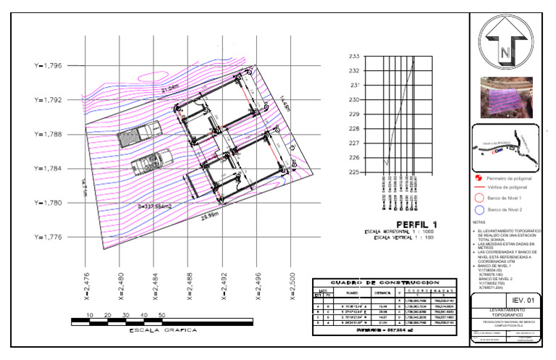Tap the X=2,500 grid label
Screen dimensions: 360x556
[x=292, y=285]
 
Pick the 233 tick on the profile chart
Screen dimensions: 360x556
[x=354, y=56]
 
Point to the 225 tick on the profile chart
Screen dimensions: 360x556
[x=354, y=172]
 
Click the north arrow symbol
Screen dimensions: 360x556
[x=506, y=41]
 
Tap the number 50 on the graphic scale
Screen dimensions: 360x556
[x=161, y=315]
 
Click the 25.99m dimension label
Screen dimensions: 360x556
[x=210, y=217]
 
